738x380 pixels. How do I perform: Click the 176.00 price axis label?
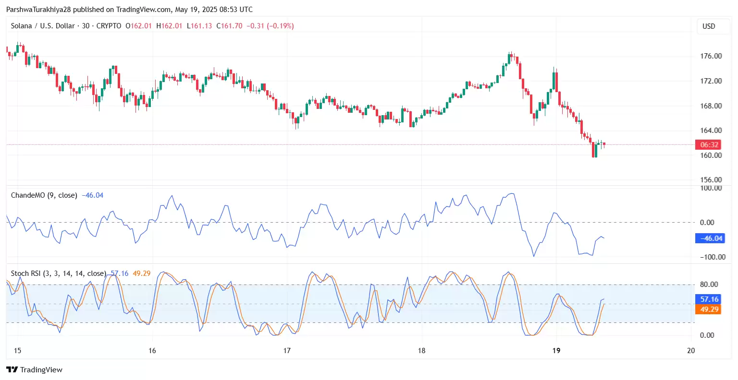pyautogui.click(x=711, y=56)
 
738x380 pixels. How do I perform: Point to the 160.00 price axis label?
pyautogui.click(x=711, y=155)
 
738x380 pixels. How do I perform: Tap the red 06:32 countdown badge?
pyautogui.click(x=709, y=145)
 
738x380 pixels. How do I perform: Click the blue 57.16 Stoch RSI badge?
pyautogui.click(x=709, y=299)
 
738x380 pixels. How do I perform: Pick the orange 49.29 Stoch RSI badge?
pyautogui.click(x=709, y=309)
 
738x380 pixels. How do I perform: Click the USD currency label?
pyautogui.click(x=709, y=26)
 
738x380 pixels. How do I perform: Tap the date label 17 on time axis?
pyautogui.click(x=287, y=351)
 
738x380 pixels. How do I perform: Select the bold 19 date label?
pyautogui.click(x=556, y=351)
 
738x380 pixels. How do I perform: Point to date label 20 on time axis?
pyautogui.click(x=691, y=351)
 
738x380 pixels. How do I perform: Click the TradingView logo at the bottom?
pyautogui.click(x=35, y=370)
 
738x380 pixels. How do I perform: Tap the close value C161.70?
pyautogui.click(x=229, y=26)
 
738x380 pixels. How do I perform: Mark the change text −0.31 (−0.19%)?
pyautogui.click(x=270, y=26)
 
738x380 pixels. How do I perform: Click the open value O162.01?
pyautogui.click(x=138, y=26)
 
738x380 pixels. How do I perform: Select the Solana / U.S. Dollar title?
pyautogui.click(x=43, y=26)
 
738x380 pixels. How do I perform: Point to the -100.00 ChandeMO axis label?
pyautogui.click(x=709, y=257)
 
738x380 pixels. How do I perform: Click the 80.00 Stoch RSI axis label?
pyautogui.click(x=709, y=285)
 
